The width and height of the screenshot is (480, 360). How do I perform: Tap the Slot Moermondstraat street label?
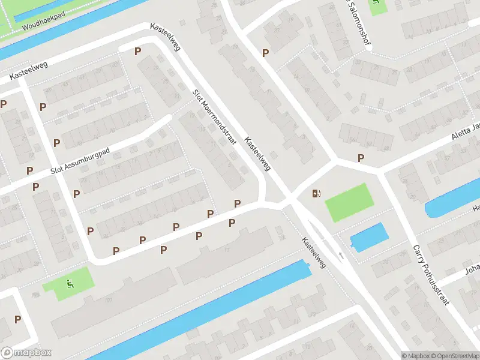click(214, 118)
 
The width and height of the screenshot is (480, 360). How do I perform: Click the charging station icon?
click(316, 193)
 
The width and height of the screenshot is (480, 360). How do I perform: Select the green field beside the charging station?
click(349, 202)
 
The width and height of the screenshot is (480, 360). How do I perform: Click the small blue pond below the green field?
click(367, 237)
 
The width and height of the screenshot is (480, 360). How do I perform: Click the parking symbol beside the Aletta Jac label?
click(361, 158)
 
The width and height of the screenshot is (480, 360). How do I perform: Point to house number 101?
click(109, 299)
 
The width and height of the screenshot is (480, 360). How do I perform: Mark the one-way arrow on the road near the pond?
click(340, 256)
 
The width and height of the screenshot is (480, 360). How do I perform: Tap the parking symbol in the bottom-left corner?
click(18, 320)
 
